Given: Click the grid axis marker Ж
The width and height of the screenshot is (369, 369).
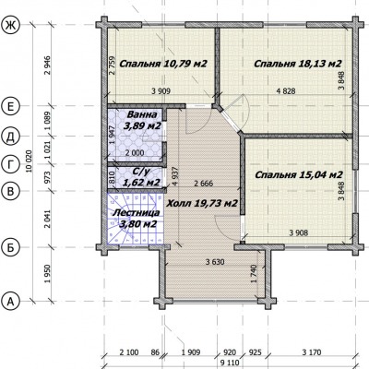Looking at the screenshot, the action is (11, 25).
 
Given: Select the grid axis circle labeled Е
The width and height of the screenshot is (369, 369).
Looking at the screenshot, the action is (11, 107).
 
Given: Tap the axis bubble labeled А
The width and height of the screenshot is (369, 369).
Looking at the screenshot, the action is (11, 302).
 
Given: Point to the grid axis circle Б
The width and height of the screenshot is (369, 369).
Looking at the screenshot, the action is (11, 248).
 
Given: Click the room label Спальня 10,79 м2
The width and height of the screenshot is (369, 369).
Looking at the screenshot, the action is (162, 64).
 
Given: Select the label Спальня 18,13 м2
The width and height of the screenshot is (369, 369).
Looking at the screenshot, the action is (298, 64).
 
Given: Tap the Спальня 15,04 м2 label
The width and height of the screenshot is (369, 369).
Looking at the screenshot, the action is (299, 175).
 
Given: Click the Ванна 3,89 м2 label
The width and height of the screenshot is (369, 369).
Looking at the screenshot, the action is (142, 120).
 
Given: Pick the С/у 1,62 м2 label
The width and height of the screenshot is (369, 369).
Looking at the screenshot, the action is (141, 177).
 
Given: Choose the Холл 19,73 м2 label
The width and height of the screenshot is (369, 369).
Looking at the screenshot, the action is (202, 203).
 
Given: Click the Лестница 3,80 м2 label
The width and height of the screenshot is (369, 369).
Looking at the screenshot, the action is (137, 219).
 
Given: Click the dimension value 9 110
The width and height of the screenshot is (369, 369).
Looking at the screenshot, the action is (230, 363).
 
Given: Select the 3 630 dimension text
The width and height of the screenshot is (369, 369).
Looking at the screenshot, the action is (215, 262).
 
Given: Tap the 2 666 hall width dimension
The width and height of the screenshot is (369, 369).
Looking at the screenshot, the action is (203, 184).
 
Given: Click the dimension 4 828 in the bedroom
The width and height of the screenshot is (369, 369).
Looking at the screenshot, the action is (286, 91).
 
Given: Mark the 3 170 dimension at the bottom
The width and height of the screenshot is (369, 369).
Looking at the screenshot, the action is (312, 352).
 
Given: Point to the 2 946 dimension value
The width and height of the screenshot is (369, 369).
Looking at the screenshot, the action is (47, 65).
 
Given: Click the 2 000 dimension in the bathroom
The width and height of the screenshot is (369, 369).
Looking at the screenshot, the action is (135, 153).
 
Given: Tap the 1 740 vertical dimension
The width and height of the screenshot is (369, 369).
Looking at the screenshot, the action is (254, 274).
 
